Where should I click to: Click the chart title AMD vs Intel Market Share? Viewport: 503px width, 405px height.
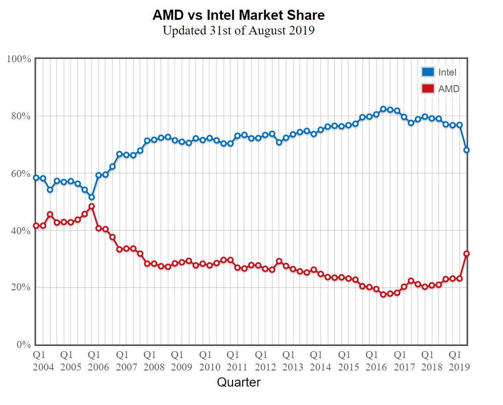pyautogui.click(x=239, y=15)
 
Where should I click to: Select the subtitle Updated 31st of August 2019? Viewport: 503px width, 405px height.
pyautogui.click(x=239, y=31)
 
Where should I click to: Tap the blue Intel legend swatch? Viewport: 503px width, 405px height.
pyautogui.click(x=428, y=72)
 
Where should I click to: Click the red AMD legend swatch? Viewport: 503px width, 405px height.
pyautogui.click(x=428, y=88)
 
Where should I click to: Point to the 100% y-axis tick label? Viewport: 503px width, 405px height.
pyautogui.click(x=19, y=59)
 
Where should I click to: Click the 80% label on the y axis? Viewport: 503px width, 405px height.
pyautogui.click(x=21, y=116)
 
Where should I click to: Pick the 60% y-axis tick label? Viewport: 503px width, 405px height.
pyautogui.click(x=21, y=173)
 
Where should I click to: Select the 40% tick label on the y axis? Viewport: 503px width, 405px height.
pyautogui.click(x=21, y=230)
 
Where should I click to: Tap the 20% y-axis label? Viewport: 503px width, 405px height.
pyautogui.click(x=21, y=288)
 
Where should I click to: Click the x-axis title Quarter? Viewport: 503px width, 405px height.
pyautogui.click(x=239, y=382)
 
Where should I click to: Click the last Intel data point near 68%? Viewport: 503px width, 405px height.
pyautogui.click(x=467, y=150)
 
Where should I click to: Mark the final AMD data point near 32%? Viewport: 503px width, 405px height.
pyautogui.click(x=467, y=253)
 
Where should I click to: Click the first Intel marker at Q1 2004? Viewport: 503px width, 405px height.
pyautogui.click(x=36, y=177)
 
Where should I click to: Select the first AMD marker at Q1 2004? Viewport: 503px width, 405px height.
pyautogui.click(x=36, y=226)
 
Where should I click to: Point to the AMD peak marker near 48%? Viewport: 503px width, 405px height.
pyautogui.click(x=91, y=206)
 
